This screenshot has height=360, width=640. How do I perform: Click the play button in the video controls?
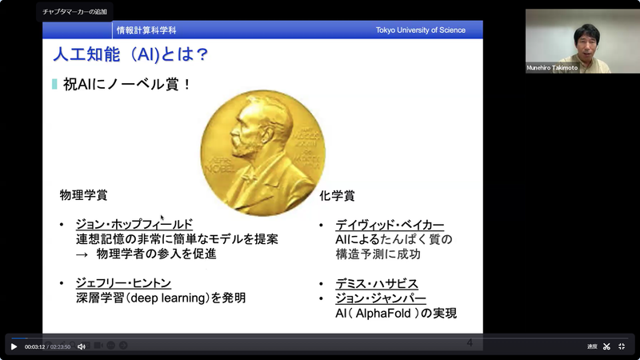14,346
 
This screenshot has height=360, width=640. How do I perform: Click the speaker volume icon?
81,346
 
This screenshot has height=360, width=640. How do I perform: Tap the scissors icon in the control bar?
606,346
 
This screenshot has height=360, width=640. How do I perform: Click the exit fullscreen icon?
622,346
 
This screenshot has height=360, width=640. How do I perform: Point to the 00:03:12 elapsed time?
34,346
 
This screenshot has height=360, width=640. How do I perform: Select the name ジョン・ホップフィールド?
134,224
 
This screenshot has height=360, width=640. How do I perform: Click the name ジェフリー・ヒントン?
123,282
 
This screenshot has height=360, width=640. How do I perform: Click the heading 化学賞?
337,194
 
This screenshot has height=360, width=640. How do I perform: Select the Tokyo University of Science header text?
420,30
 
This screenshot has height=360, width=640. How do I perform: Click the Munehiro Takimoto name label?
552,68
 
